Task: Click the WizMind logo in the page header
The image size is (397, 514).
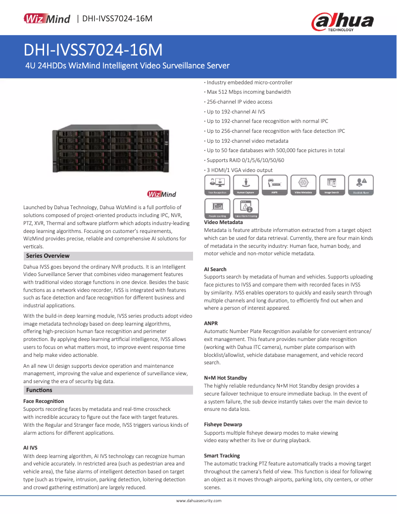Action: pos(48,19)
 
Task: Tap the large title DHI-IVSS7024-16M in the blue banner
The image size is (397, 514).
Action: pos(94,50)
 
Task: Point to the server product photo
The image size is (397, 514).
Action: pos(110,149)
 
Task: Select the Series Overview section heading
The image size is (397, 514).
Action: pos(48,256)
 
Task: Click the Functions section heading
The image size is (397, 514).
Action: pos(39,390)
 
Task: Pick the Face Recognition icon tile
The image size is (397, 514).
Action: pos(217,184)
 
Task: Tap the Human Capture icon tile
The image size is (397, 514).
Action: pos(246,184)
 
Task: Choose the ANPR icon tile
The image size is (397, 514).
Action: pos(274,184)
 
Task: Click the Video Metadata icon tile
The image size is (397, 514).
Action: pos(303,184)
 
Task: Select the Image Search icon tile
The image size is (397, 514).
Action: pos(332,184)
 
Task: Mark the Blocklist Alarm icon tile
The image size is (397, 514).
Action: pos(361,184)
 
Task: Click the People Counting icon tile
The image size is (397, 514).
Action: pos(217,209)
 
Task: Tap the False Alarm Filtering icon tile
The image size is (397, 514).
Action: pos(246,209)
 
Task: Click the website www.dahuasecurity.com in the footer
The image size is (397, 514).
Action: pos(198,501)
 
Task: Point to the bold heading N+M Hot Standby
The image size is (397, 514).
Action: pos(225,378)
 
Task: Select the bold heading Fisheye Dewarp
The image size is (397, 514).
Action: pos(223,424)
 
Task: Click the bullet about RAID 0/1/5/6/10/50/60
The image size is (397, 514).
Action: pos(245,160)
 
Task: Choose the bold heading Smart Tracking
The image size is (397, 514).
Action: pos(222,455)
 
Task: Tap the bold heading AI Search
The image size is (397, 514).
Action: pos(215,269)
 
